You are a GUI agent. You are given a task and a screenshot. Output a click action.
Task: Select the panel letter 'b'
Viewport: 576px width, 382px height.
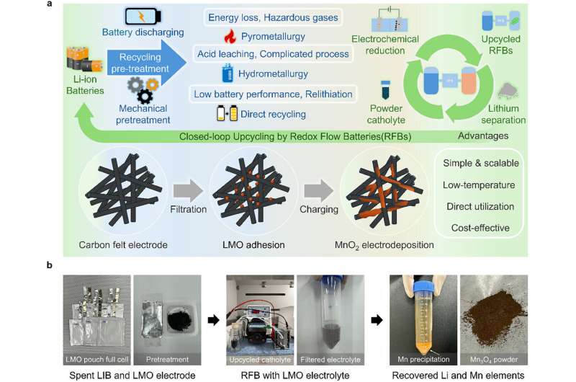(x=48, y=265)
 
